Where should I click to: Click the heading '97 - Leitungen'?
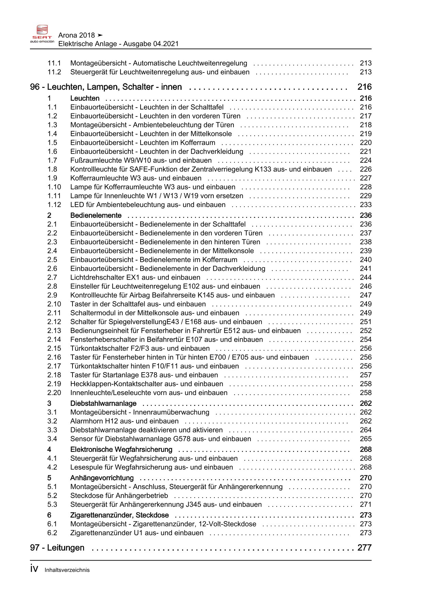[57, 548]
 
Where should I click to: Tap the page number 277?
[364, 548]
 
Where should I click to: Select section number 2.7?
[52, 278]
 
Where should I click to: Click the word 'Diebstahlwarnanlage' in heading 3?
[103, 404]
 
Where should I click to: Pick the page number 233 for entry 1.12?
[366, 205]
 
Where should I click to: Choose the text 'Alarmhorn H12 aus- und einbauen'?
[124, 421]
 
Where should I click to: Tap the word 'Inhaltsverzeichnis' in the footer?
[67, 570]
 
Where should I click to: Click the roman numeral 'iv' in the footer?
[34, 569]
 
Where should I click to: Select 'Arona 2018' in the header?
[77, 35]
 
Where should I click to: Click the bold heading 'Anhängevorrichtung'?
[102, 478]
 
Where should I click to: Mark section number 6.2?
[52, 533]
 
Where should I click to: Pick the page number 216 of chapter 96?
[364, 87]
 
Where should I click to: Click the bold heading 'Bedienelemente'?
[96, 216]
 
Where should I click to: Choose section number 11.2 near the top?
[54, 72]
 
